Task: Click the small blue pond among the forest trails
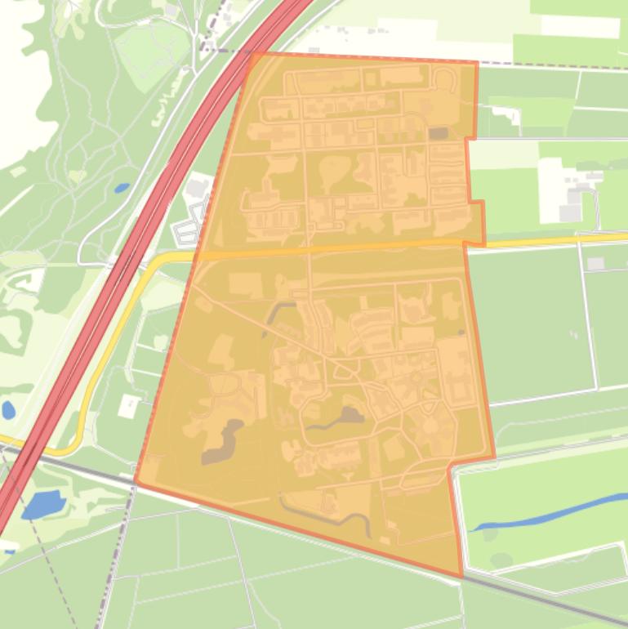pos(122,188)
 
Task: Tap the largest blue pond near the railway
pos(43,505)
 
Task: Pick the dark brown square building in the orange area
pos(439,133)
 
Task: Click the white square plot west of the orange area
pos(129,405)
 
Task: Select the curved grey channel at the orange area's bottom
pos(327,515)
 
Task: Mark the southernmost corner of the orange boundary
pos(461,577)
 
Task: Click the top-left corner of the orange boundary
pos(252,53)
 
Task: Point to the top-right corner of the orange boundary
pos(477,61)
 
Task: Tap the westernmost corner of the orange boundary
pos(136,481)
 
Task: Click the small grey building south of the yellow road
pos(595,264)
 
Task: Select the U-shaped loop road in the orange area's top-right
pos(445,80)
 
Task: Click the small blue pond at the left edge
pos(7,410)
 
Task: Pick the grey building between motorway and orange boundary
pos(197,189)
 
